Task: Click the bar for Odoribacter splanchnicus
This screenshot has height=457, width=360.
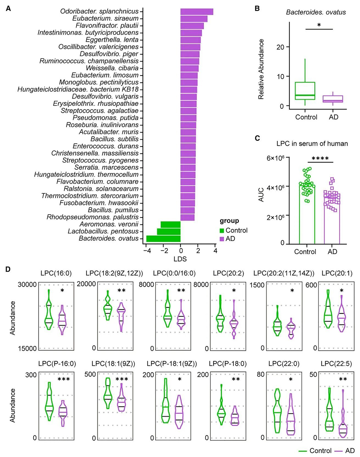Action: click(x=197, y=12)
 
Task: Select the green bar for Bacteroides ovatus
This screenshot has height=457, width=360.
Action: click(x=163, y=238)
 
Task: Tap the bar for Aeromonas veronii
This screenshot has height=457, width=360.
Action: click(x=170, y=224)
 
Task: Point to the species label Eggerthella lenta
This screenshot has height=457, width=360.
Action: click(x=112, y=40)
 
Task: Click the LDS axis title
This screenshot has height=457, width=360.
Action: click(x=180, y=259)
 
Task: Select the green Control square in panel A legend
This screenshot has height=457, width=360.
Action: click(x=222, y=230)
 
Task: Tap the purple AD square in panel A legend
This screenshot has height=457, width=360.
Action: click(x=222, y=239)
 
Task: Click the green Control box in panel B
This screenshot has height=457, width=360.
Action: click(x=305, y=91)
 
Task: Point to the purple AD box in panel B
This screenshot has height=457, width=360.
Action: click(x=332, y=99)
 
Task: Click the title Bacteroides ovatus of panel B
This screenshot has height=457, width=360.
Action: click(x=316, y=12)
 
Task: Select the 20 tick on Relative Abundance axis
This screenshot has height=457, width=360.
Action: click(x=280, y=47)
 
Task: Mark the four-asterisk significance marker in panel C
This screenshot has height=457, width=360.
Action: click(x=320, y=158)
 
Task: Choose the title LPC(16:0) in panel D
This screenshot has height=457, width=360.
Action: click(x=56, y=273)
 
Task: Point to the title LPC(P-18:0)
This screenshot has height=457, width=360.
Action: click(x=228, y=364)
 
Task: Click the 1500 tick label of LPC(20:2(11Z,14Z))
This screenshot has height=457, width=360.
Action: click(x=257, y=285)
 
